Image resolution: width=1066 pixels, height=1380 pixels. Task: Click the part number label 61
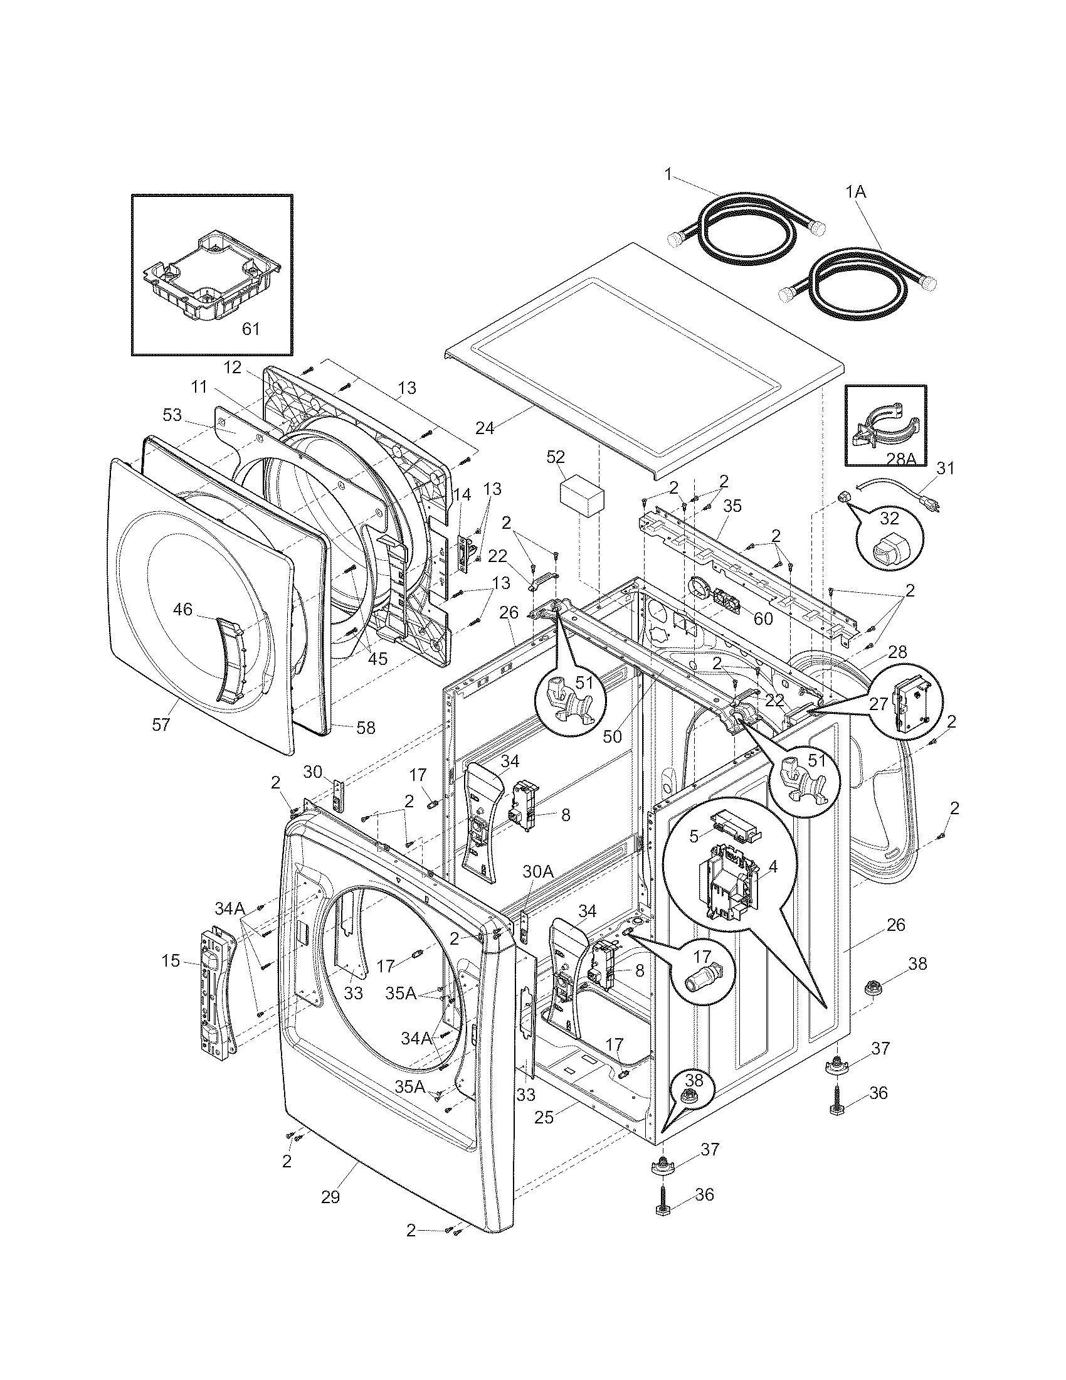pos(251,329)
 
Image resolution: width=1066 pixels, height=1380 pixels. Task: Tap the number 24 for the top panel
pos(485,428)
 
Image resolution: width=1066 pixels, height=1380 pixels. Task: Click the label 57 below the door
pos(161,724)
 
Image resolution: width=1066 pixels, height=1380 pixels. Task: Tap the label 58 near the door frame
pos(366,728)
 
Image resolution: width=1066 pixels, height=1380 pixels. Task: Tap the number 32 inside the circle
pos(889,518)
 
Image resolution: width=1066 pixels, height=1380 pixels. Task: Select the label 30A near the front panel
pos(537,872)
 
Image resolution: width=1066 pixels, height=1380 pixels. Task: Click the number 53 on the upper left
pos(172,415)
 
